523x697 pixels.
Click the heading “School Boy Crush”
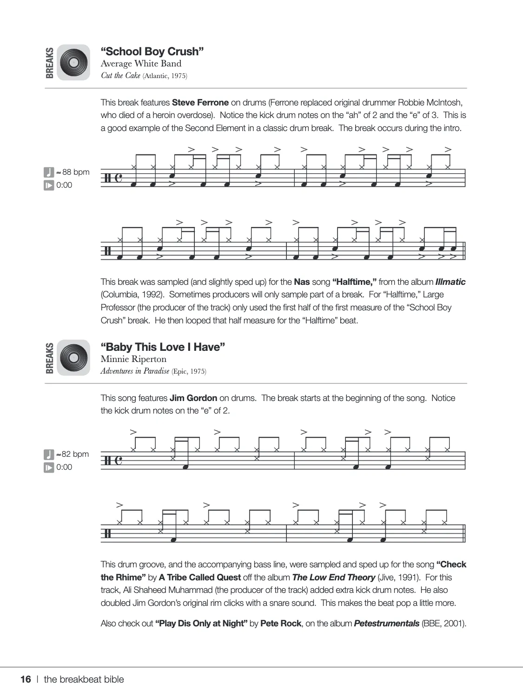[x=152, y=51]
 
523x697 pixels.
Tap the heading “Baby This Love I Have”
[x=163, y=347]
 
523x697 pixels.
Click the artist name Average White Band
[x=141, y=64]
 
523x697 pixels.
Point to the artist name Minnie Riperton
[x=133, y=359]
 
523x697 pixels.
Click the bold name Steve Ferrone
[x=200, y=102]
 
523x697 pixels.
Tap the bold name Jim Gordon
[x=193, y=398]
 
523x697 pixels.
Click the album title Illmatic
[x=450, y=282]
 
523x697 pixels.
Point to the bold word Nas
[x=302, y=282]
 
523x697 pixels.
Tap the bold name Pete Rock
[x=280, y=623]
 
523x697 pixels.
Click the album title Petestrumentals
[x=386, y=623]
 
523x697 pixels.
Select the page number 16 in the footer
[x=26, y=679]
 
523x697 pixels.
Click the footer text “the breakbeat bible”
[x=84, y=679]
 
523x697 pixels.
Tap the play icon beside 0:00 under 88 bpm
[x=49, y=185]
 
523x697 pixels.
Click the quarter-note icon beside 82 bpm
[x=49, y=454]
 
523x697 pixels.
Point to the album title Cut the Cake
[x=120, y=76]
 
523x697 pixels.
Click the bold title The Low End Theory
[x=333, y=577]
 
